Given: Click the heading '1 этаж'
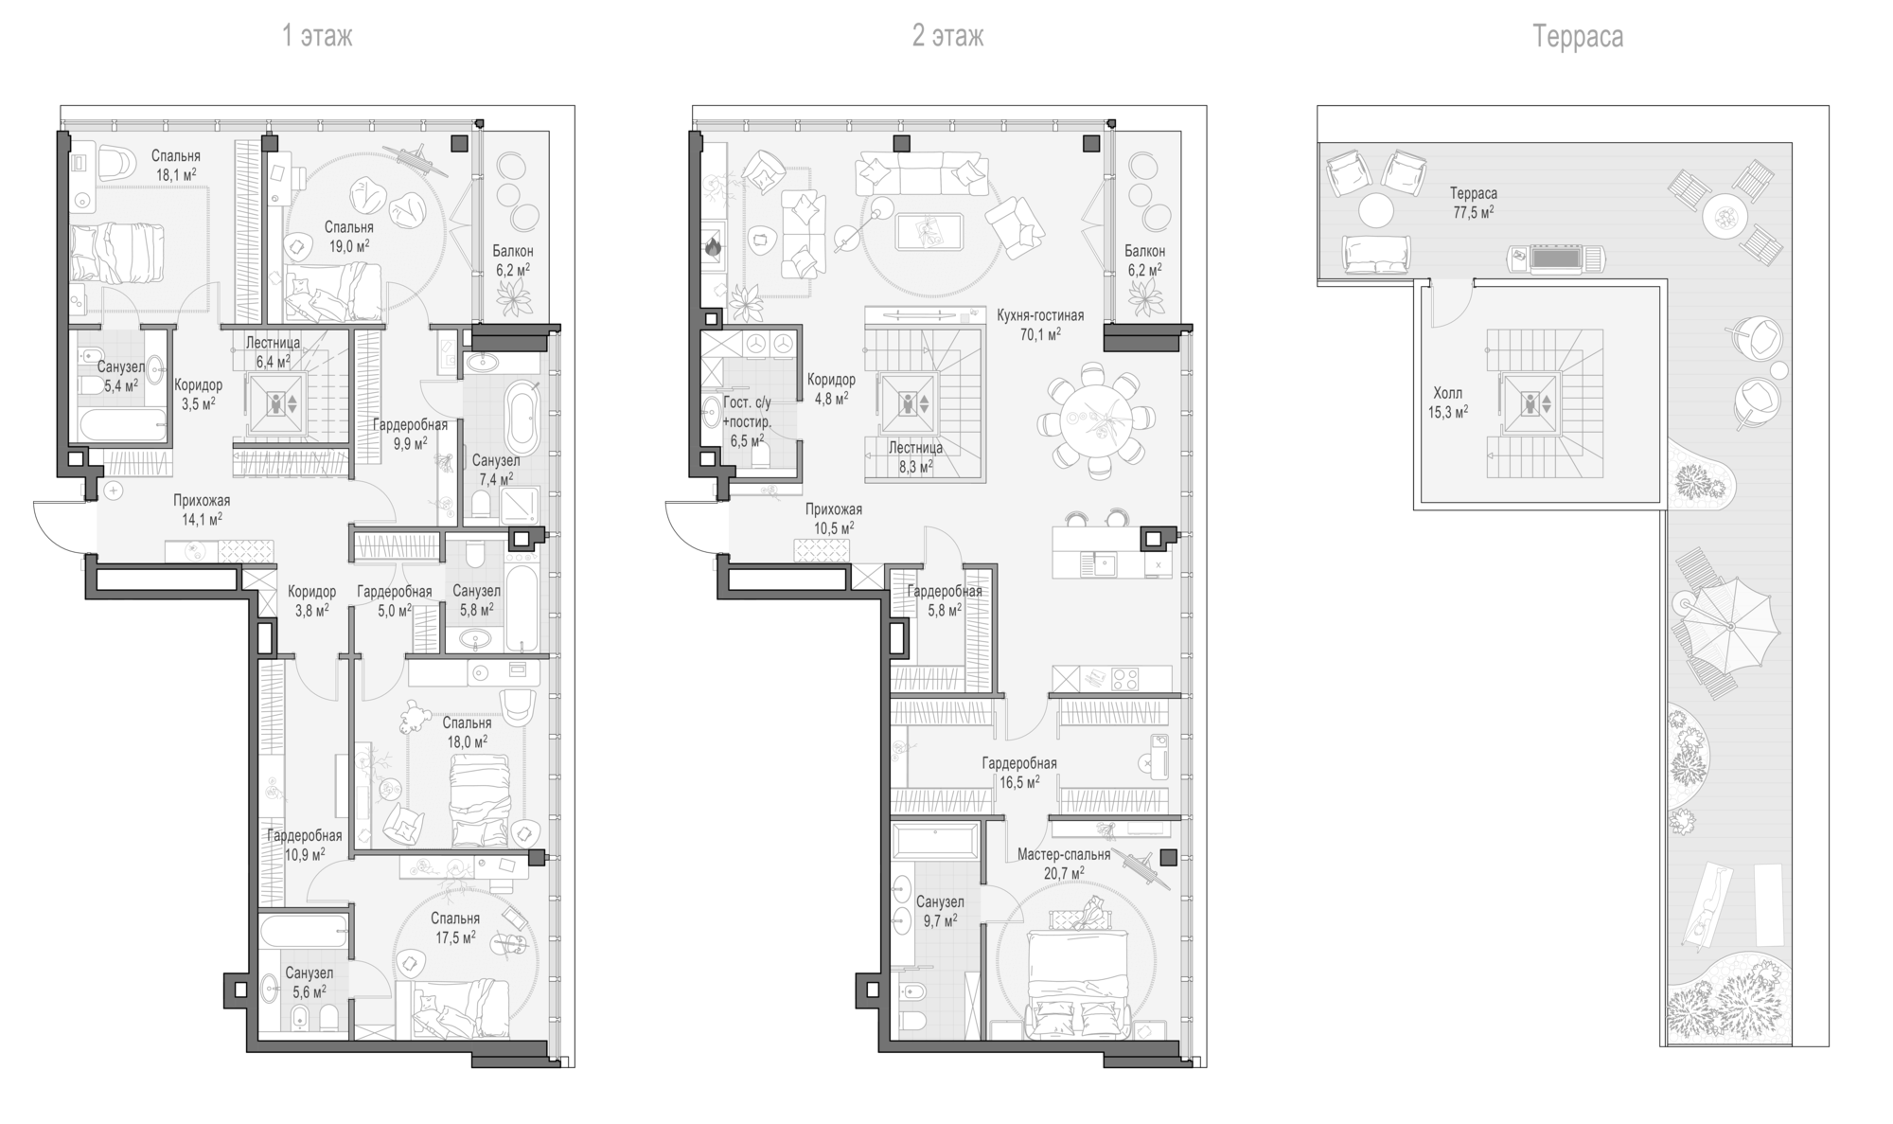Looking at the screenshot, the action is (317, 37).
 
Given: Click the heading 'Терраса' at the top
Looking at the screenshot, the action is (1578, 37).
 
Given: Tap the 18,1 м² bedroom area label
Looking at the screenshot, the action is (176, 173).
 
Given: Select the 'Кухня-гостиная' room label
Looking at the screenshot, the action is (1040, 315).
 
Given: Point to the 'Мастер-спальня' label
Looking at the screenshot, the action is (1064, 855).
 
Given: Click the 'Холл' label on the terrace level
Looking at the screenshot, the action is (1447, 393).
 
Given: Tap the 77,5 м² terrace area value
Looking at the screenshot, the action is (1474, 212).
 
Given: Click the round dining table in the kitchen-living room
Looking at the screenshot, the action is (1095, 417).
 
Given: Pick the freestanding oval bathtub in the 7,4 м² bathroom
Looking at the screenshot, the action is (522, 417).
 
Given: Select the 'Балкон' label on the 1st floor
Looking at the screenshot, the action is (513, 251).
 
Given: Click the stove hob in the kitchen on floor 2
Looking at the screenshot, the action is (1125, 679).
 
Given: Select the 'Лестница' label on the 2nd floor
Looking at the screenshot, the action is (915, 447).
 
